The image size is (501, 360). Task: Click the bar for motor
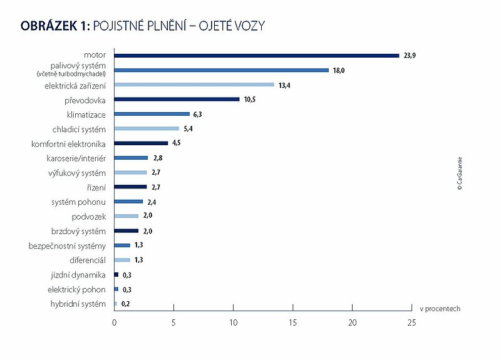[257, 55]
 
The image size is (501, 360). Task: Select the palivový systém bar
[222, 70]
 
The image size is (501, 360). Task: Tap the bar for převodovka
[177, 99]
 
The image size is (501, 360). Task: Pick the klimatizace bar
[152, 114]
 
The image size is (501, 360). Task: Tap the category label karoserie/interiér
[76, 158]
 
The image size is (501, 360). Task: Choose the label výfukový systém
[76, 172]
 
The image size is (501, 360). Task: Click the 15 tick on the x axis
[292, 322]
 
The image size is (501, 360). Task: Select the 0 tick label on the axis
[114, 322]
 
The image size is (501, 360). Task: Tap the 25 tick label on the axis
[411, 322]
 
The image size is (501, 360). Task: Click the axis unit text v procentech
[440, 309]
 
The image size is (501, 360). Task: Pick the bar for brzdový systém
[127, 230]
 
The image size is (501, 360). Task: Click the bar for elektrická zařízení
[194, 85]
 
